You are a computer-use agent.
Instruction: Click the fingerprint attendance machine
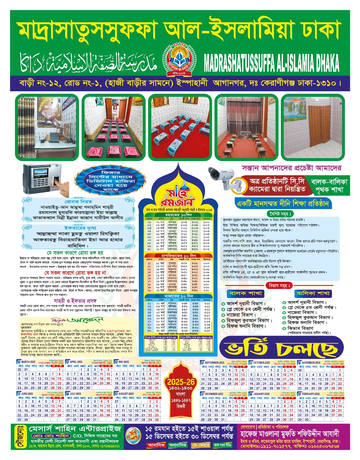(x=45, y=179)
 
